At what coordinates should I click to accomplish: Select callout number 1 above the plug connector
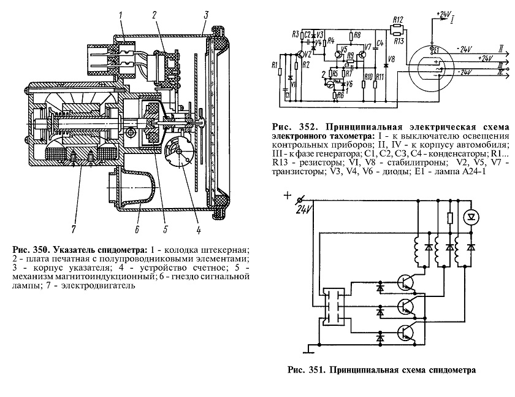coord(122,15)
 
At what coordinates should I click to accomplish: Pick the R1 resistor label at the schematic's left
coord(275,64)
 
